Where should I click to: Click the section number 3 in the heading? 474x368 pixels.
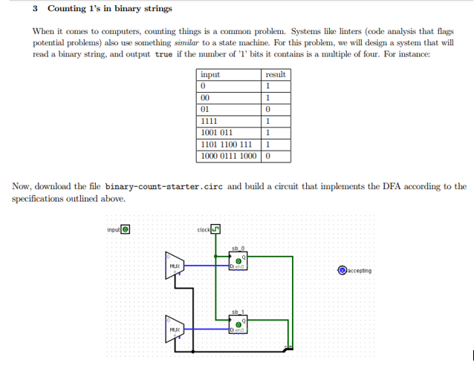pyautogui.click(x=36, y=9)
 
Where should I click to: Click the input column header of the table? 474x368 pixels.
pyautogui.click(x=210, y=75)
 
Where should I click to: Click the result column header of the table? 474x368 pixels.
pyautogui.click(x=276, y=75)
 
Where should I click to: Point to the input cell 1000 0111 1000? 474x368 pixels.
pyautogui.click(x=229, y=157)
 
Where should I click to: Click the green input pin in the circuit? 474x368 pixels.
pyautogui.click(x=126, y=229)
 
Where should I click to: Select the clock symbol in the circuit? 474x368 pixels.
pyautogui.click(x=215, y=229)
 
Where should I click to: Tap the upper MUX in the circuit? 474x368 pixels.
pyautogui.click(x=175, y=264)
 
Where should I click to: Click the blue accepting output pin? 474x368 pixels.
pyautogui.click(x=342, y=271)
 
